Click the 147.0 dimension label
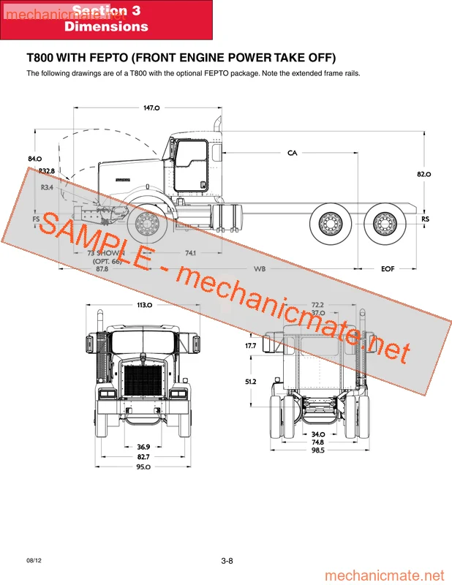(151, 108)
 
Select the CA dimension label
(292, 153)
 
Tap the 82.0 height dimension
(423, 174)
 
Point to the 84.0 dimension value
(34, 159)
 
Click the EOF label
(388, 269)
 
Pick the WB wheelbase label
(260, 269)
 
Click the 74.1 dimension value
(192, 253)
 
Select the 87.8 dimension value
(102, 269)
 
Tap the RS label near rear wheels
(425, 219)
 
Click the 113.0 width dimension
(144, 305)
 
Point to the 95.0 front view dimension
(143, 467)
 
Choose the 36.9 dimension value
(143, 447)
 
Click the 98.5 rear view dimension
(317, 450)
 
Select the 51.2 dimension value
(251, 382)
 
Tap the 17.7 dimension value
(251, 345)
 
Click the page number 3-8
(226, 561)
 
